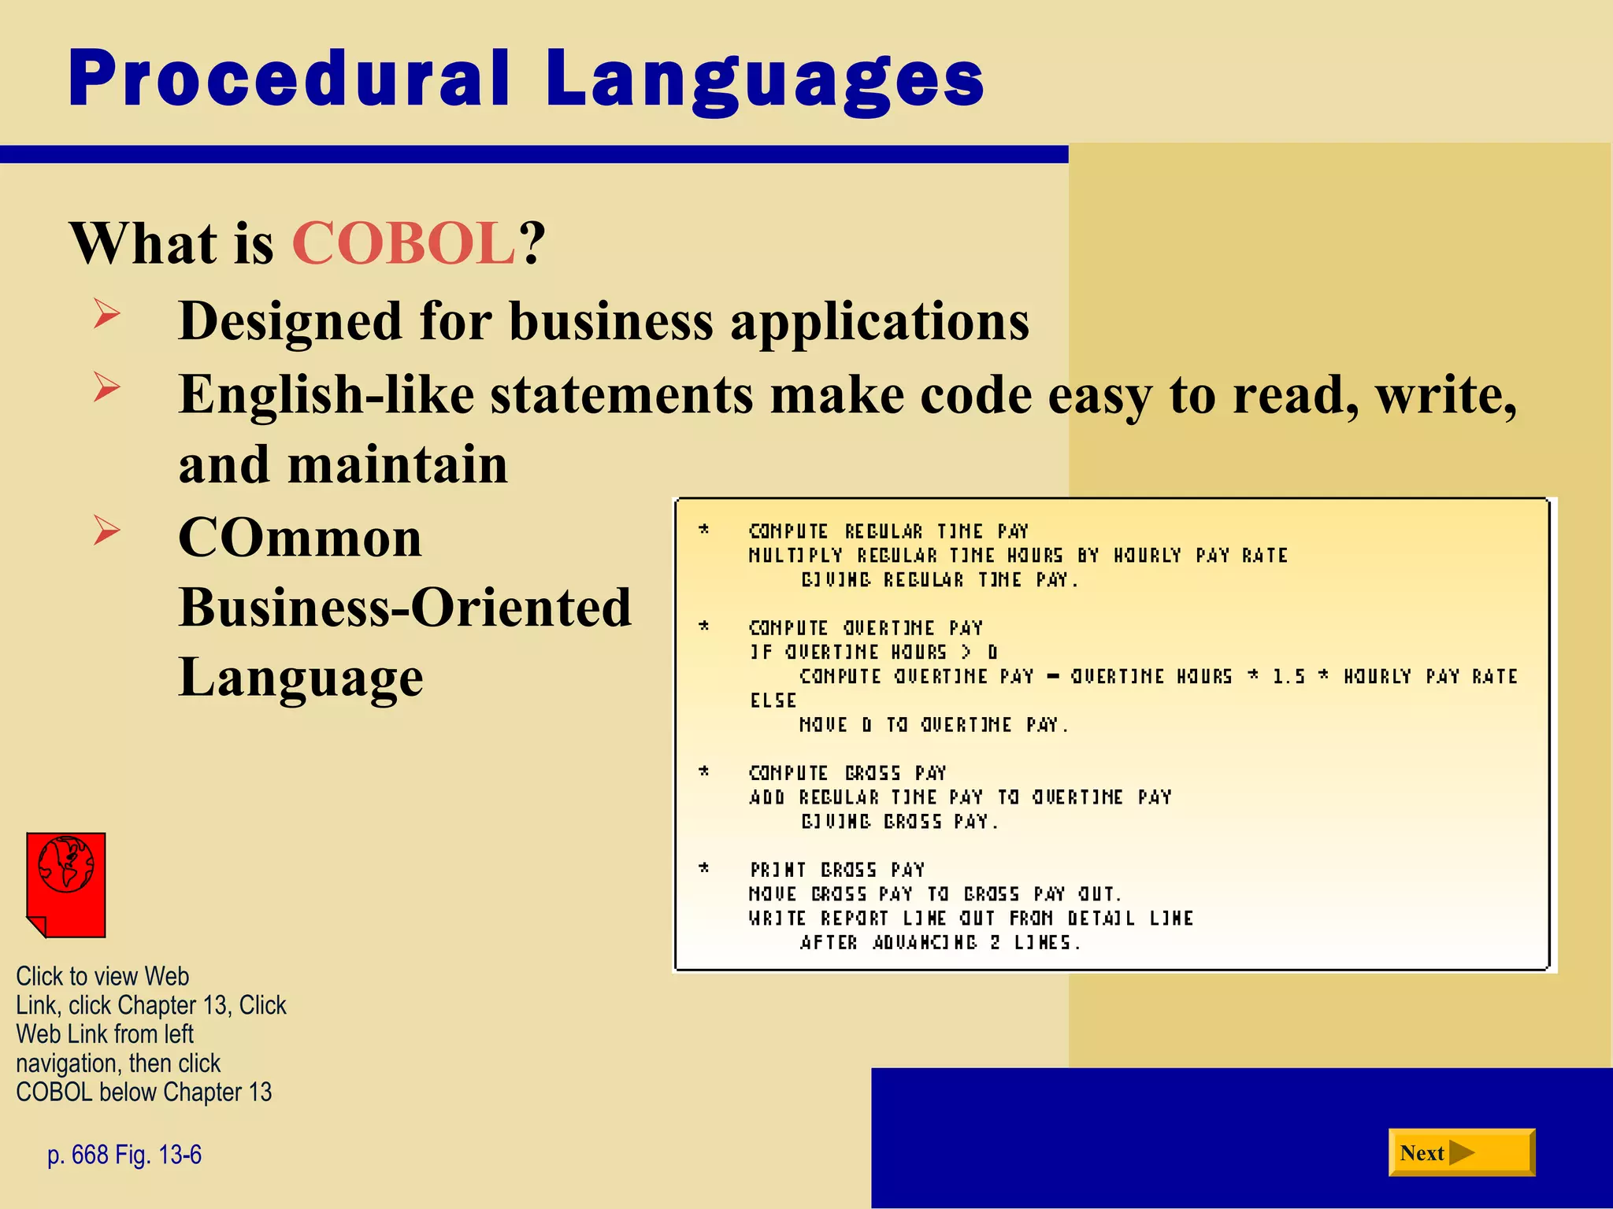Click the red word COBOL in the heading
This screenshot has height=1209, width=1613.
404,243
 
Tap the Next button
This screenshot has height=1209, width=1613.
1461,1152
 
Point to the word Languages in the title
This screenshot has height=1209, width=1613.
764,80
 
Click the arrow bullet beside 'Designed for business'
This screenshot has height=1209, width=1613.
106,314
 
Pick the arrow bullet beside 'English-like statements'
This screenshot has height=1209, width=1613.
106,387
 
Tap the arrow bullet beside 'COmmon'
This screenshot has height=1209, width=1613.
106,530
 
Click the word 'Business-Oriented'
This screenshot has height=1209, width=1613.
405,608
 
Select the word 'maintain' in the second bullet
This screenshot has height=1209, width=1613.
398,464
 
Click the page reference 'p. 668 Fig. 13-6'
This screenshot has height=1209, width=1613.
124,1155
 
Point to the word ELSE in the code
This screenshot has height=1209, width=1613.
773,701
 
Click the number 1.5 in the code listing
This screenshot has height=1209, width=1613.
1289,677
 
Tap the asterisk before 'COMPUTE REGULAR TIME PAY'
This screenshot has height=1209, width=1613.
704,530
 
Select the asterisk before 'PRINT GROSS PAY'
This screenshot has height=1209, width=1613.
704,868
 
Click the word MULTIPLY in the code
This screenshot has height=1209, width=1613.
795,556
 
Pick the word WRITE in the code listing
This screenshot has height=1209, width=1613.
777,919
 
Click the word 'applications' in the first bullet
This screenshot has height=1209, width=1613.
880,322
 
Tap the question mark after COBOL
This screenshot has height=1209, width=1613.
532,243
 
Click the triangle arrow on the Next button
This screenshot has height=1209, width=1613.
1461,1152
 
